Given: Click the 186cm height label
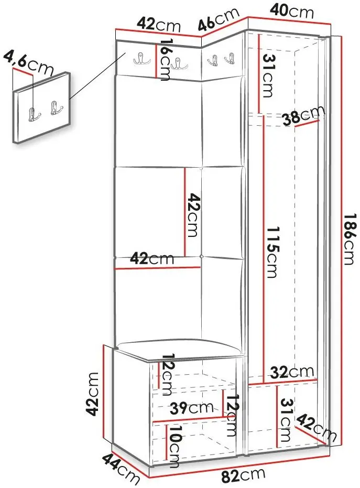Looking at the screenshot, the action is [350, 239].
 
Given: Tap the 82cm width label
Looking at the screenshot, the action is [243, 475].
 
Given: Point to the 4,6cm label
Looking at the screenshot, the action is [28, 63].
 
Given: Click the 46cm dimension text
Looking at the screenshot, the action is [219, 19].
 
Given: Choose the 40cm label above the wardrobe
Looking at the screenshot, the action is [291, 12].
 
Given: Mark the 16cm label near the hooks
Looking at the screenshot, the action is [165, 59].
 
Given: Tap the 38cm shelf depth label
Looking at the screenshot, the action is [303, 115].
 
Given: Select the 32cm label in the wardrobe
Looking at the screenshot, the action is [291, 372].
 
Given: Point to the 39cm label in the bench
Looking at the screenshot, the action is [191, 408].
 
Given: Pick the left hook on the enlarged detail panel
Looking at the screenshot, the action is [34, 114].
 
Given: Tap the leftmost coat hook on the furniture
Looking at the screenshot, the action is [141, 58].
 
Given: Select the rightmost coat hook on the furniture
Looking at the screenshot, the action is [230, 59].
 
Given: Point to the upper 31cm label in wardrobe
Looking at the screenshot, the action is [268, 75].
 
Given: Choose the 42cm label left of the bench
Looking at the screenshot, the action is [92, 394].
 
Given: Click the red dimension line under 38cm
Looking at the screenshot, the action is [307, 123].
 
